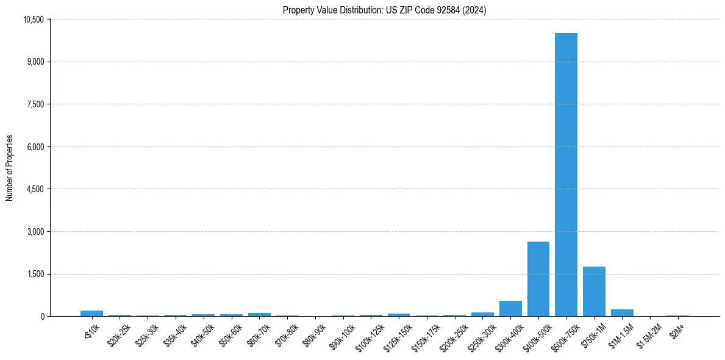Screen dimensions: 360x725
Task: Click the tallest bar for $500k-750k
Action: pyautogui.click(x=566, y=175)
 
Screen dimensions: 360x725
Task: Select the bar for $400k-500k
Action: pyautogui.click(x=538, y=279)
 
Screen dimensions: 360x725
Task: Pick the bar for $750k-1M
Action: pyautogui.click(x=594, y=292)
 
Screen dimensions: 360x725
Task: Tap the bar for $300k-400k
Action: pyautogui.click(x=510, y=309)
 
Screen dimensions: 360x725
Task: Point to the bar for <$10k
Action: pyautogui.click(x=91, y=314)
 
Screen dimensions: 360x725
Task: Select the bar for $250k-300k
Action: pyautogui.click(x=482, y=314)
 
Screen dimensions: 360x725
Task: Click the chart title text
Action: pyautogui.click(x=384, y=10)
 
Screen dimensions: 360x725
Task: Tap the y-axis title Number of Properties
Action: pyautogui.click(x=10, y=168)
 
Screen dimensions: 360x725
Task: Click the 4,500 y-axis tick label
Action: pyautogui.click(x=35, y=189)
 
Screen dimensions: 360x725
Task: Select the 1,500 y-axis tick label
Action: pyautogui.click(x=35, y=274)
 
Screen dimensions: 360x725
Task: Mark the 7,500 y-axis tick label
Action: pyautogui.click(x=35, y=104)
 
